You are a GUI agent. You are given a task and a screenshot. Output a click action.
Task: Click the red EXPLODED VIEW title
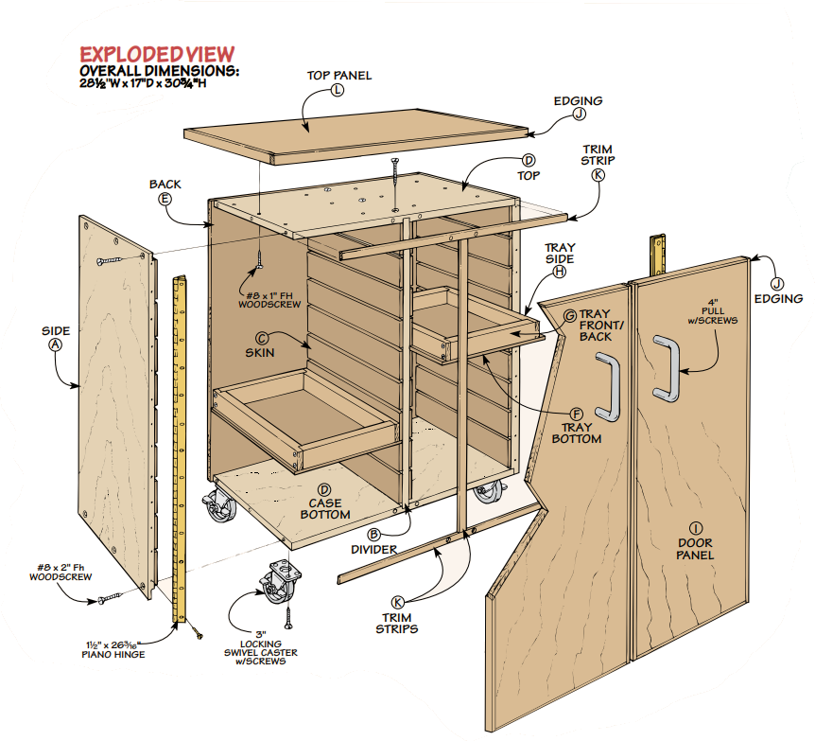pyautogui.click(x=156, y=54)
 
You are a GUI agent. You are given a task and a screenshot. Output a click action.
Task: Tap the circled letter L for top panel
pyautogui.click(x=338, y=90)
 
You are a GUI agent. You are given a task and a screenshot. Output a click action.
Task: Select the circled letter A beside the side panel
pyautogui.click(x=55, y=345)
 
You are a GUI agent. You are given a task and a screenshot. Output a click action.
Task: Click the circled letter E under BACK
pyautogui.click(x=165, y=199)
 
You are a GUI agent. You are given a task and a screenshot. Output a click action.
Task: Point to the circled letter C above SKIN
pyautogui.click(x=262, y=338)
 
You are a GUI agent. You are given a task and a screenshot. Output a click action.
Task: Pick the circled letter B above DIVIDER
pyautogui.click(x=374, y=535)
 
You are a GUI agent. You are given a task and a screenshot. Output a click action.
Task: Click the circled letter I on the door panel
pyautogui.click(x=695, y=527)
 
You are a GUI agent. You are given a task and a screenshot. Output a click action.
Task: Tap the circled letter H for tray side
pyautogui.click(x=559, y=272)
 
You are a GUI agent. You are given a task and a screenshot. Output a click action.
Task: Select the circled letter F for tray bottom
pyautogui.click(x=576, y=415)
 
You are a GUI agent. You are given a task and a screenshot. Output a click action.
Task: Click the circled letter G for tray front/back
pyautogui.click(x=570, y=315)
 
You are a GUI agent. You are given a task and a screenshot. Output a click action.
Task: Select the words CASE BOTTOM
pyautogui.click(x=325, y=509)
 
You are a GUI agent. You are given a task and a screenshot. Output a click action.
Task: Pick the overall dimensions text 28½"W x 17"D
pyautogui.click(x=142, y=82)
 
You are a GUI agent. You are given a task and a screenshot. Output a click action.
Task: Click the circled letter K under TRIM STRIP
pyautogui.click(x=598, y=175)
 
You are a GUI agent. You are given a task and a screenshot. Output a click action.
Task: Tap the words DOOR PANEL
pyautogui.click(x=695, y=549)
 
